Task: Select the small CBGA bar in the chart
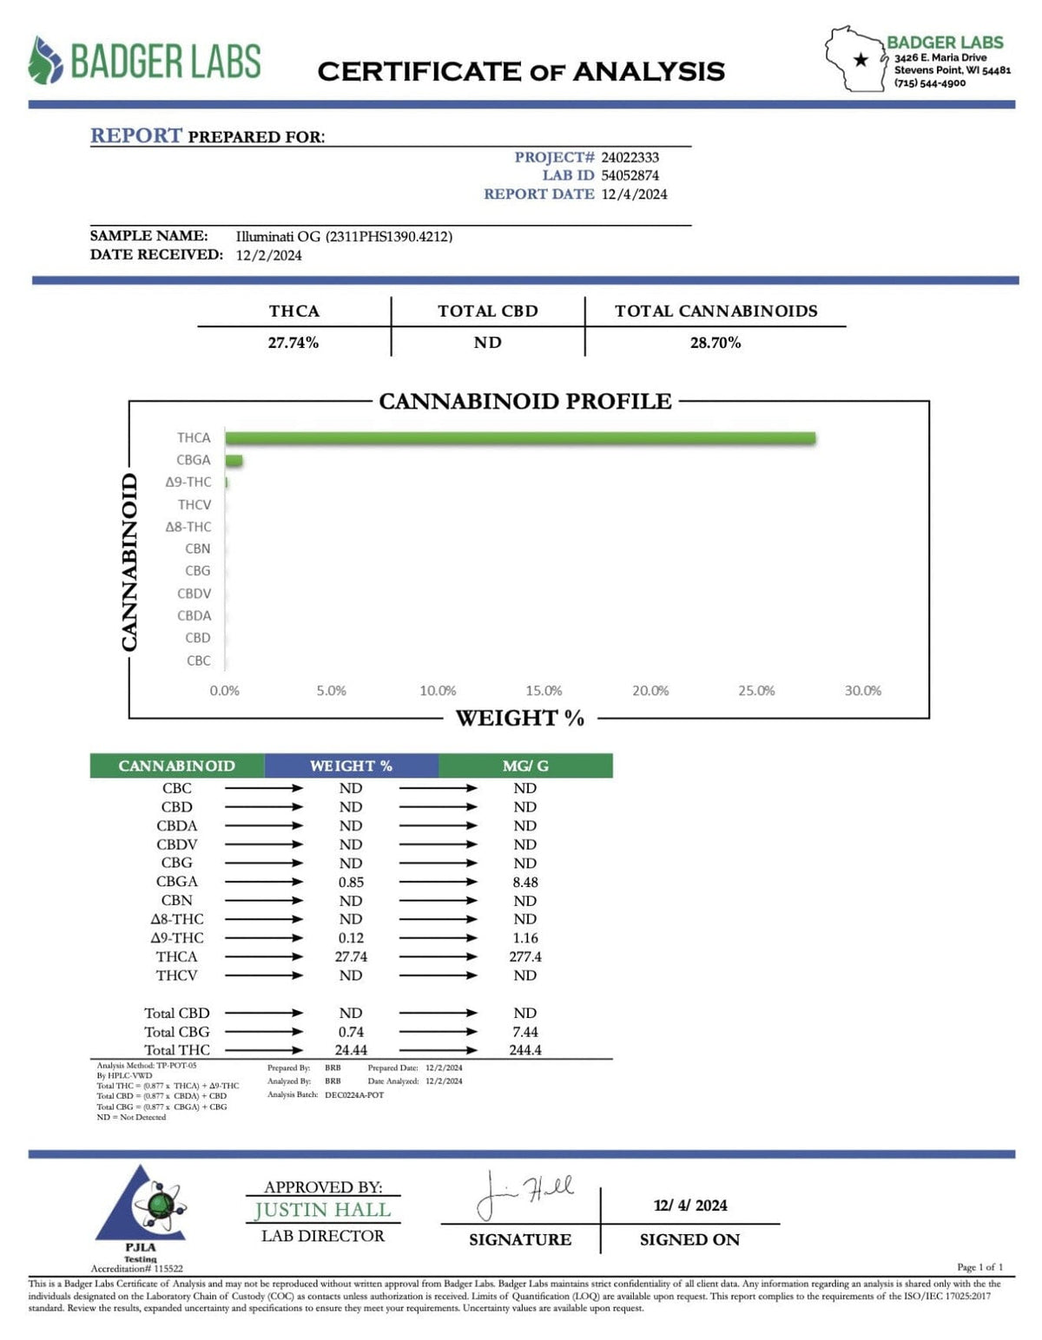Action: [234, 460]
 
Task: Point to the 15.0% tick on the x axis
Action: [544, 691]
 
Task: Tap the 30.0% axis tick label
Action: [862, 691]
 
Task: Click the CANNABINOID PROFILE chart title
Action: [525, 402]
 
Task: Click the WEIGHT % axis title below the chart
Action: [519, 719]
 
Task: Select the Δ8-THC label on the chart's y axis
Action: [188, 527]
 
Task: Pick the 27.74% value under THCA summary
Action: [293, 343]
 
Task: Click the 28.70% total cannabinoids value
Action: [716, 343]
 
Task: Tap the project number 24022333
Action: [630, 157]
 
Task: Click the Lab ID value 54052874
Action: [630, 175]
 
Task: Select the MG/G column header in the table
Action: [525, 766]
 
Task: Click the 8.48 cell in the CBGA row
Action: [525, 882]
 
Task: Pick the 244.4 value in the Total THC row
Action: [525, 1050]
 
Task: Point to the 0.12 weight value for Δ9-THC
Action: [351, 938]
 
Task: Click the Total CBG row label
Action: [177, 1032]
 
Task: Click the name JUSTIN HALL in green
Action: [323, 1211]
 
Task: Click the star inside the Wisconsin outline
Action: [861, 60]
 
